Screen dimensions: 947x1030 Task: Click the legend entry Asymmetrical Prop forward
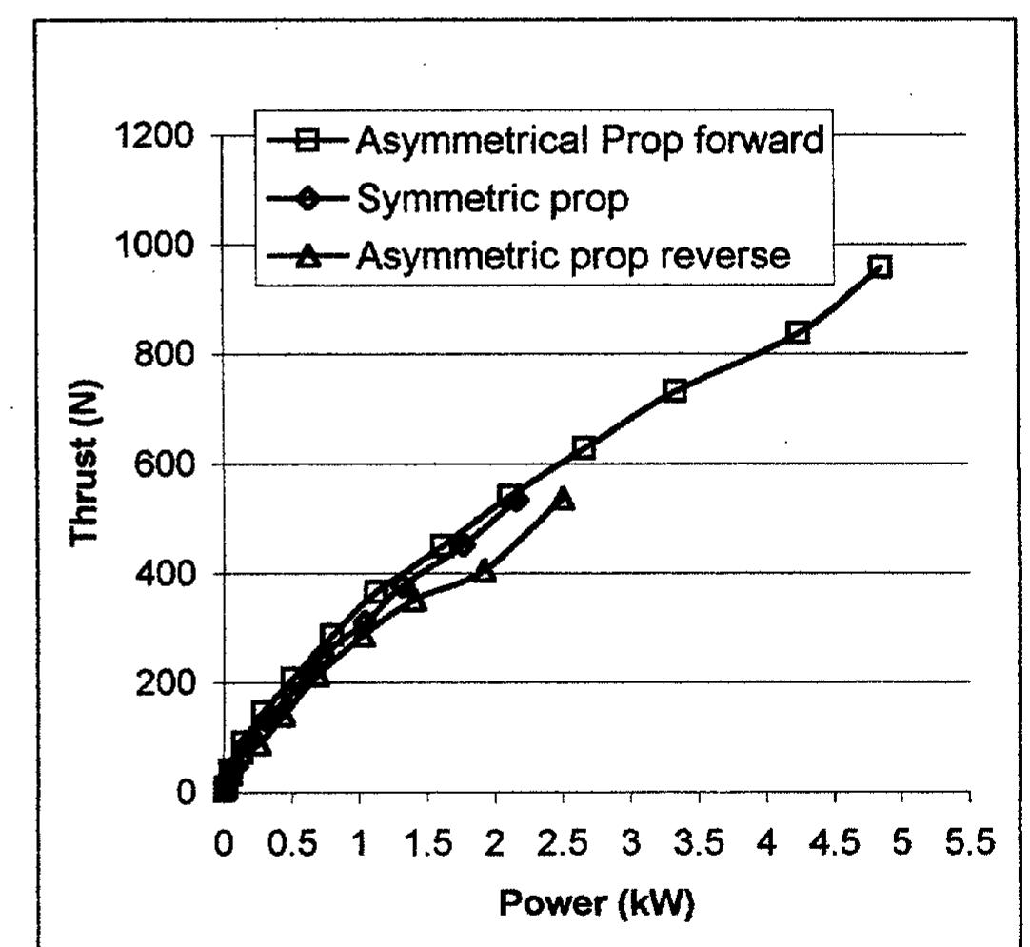pos(588,141)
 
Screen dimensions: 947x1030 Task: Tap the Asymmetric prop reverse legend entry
pos(572,255)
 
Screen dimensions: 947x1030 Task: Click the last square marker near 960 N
pos(881,266)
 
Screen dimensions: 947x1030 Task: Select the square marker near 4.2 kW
pos(798,332)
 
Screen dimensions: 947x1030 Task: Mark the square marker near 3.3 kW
pos(675,390)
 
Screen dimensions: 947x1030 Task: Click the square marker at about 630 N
pos(584,448)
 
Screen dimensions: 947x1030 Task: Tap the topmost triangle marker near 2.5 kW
pos(564,499)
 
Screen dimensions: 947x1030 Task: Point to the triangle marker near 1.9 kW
pos(485,571)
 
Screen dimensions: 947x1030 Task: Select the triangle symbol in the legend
pos(307,256)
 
